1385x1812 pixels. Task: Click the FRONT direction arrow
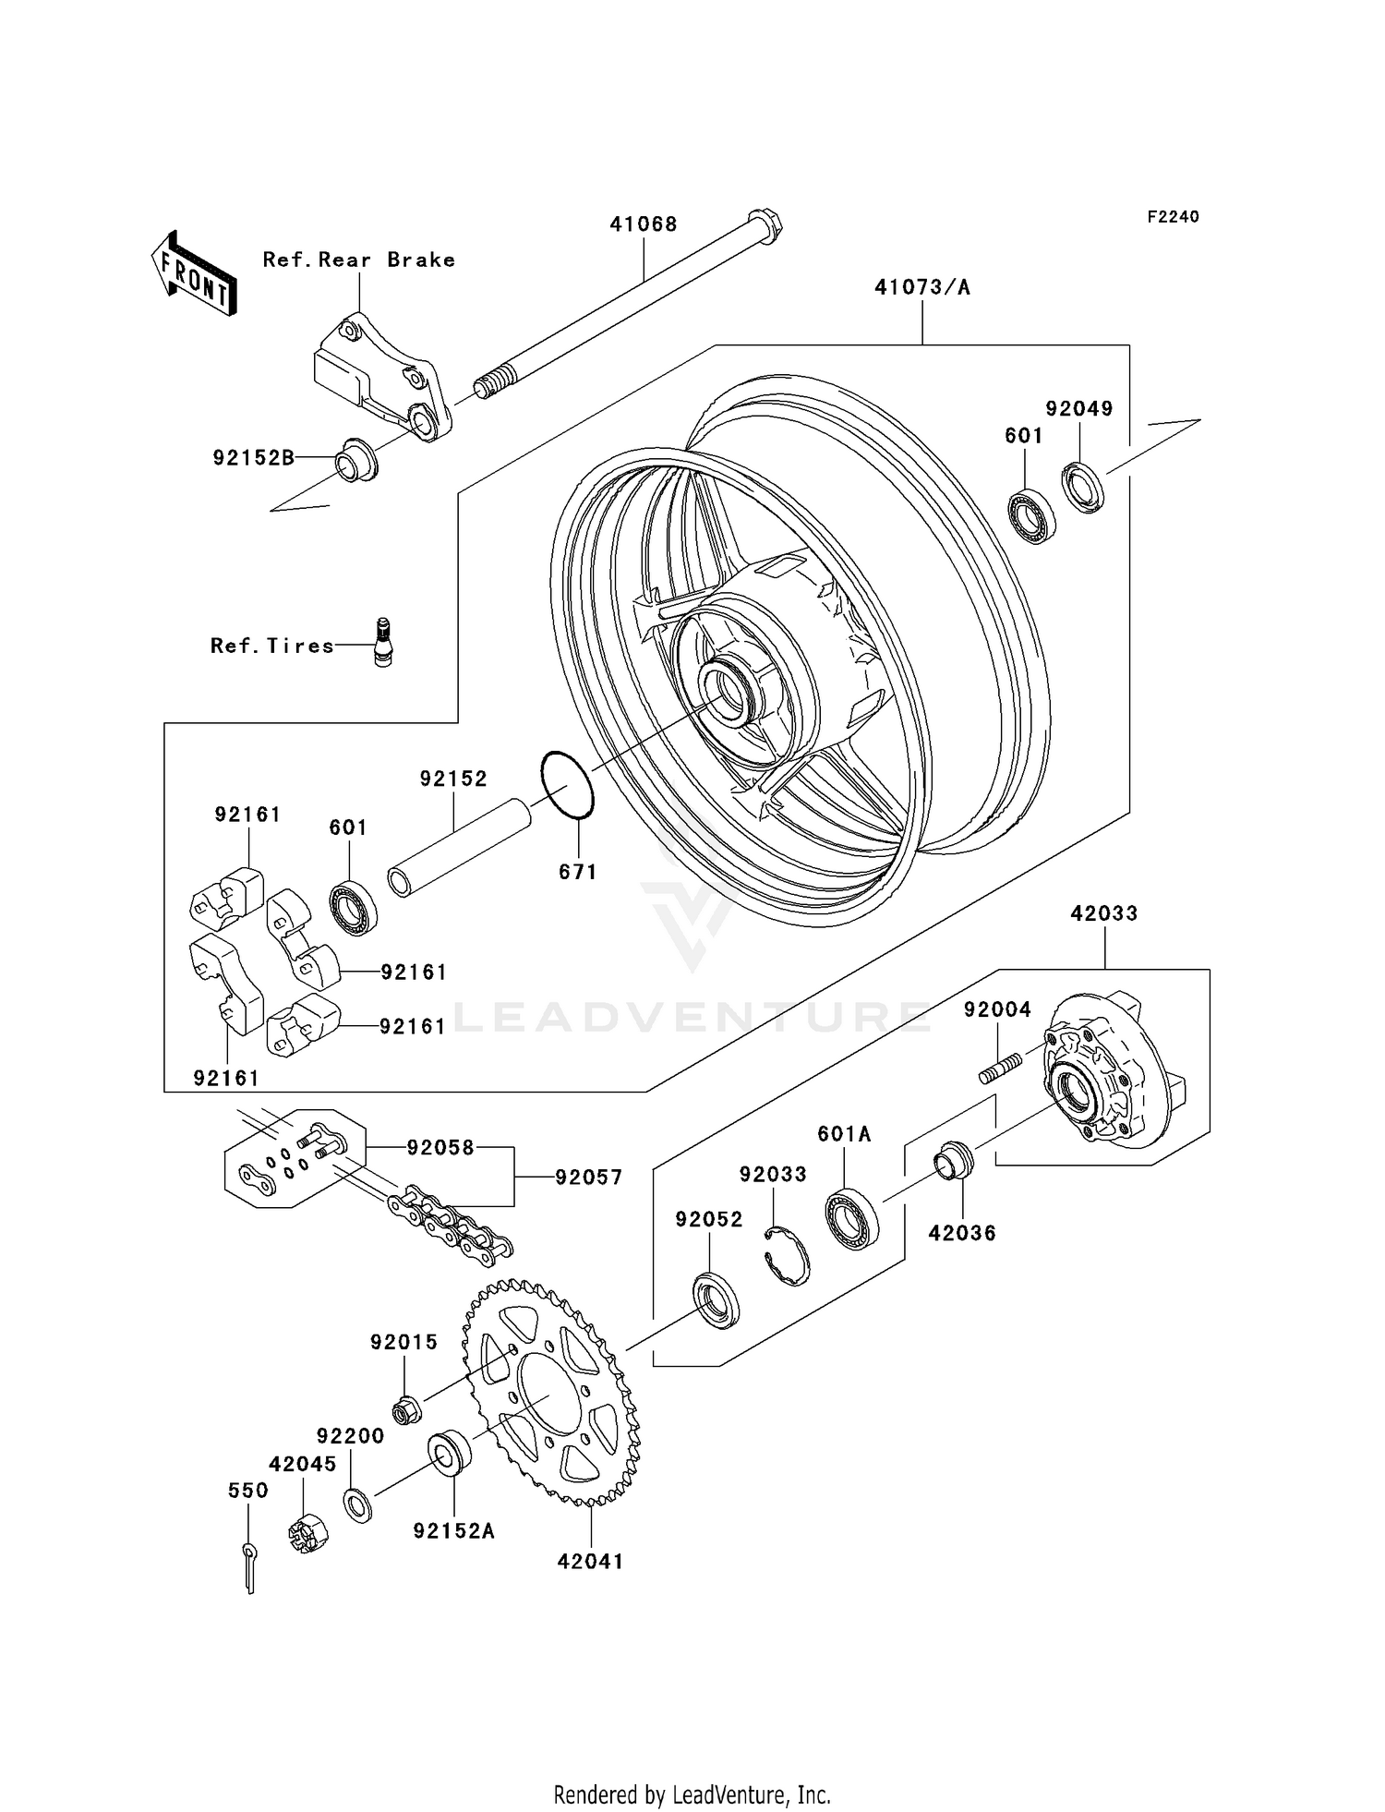pos(194,274)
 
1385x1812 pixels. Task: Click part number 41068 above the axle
pos(643,223)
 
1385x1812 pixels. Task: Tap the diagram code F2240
pos(1173,216)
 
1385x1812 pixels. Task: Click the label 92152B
pos(253,457)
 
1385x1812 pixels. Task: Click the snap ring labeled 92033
pos(789,1255)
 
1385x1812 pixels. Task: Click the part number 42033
pos(1103,913)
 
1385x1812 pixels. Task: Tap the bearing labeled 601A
pos(851,1219)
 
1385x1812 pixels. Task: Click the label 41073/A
pos(921,287)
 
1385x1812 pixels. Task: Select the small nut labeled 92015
pos(406,1410)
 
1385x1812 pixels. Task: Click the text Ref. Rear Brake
pos(358,260)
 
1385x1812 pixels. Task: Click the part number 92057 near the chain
pos(588,1178)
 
